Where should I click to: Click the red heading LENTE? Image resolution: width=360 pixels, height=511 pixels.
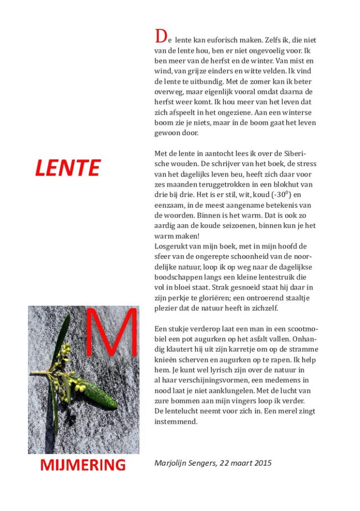coord(67,168)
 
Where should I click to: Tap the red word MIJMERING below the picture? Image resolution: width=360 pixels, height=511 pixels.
coord(83,465)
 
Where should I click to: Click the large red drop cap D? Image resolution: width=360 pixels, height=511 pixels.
coord(160,37)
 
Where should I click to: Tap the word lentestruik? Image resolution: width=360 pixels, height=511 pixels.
coord(277,277)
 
